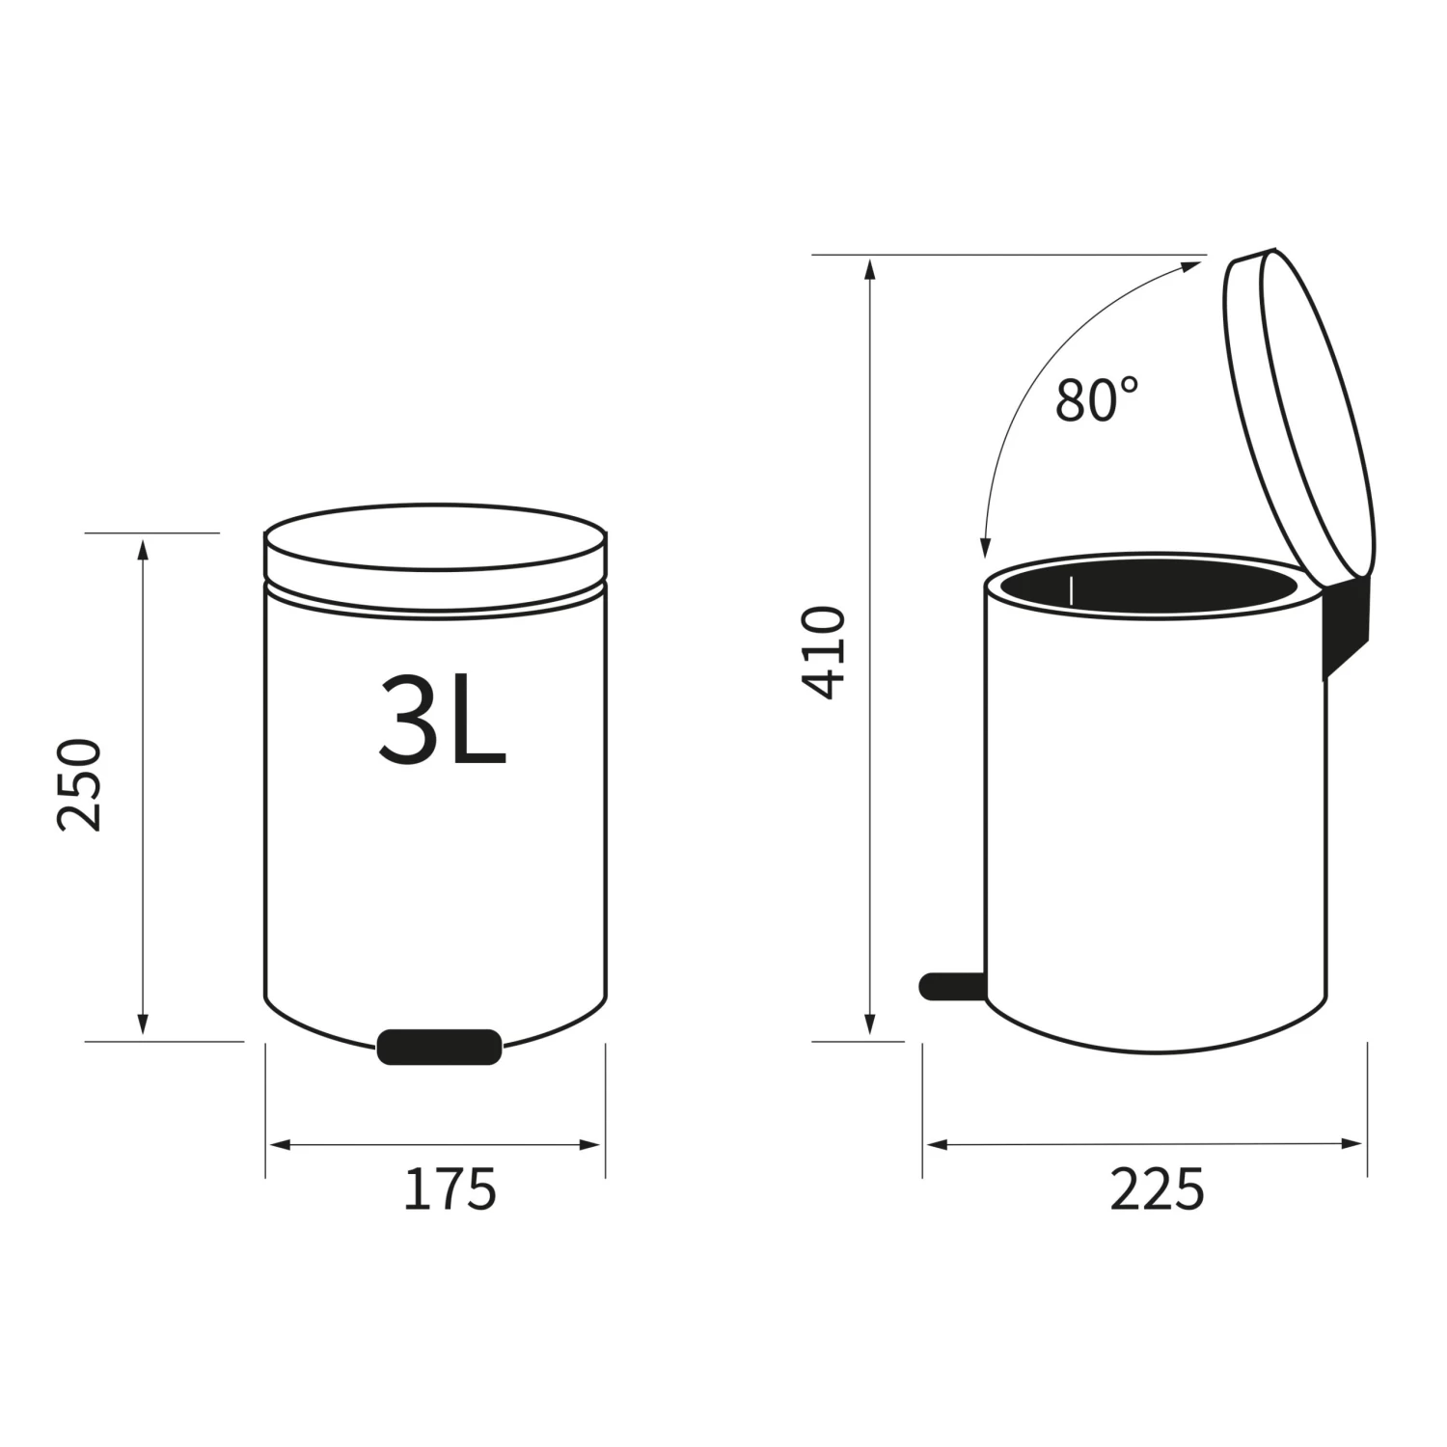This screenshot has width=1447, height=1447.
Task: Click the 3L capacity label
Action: pyautogui.click(x=443, y=720)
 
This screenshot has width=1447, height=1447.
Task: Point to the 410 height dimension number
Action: pyautogui.click(x=824, y=652)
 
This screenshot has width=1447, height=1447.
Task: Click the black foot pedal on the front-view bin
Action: pyautogui.click(x=440, y=1047)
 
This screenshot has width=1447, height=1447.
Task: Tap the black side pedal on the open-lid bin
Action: pyautogui.click(x=952, y=985)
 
